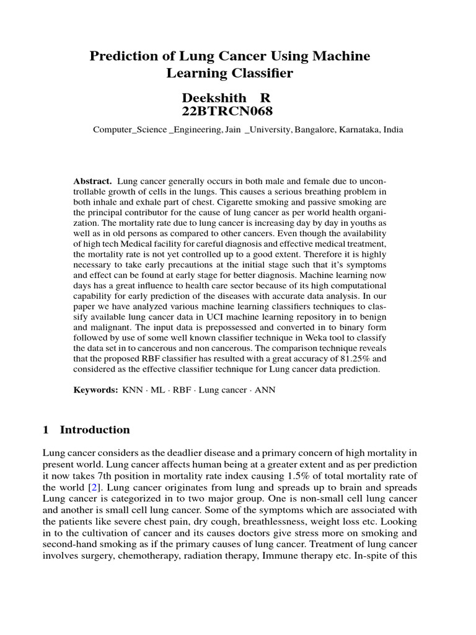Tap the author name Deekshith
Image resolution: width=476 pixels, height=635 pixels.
click(209, 99)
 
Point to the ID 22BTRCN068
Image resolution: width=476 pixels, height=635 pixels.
click(218, 112)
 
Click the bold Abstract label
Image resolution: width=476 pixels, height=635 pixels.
click(92, 181)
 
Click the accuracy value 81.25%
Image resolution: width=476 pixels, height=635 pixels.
click(349, 358)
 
